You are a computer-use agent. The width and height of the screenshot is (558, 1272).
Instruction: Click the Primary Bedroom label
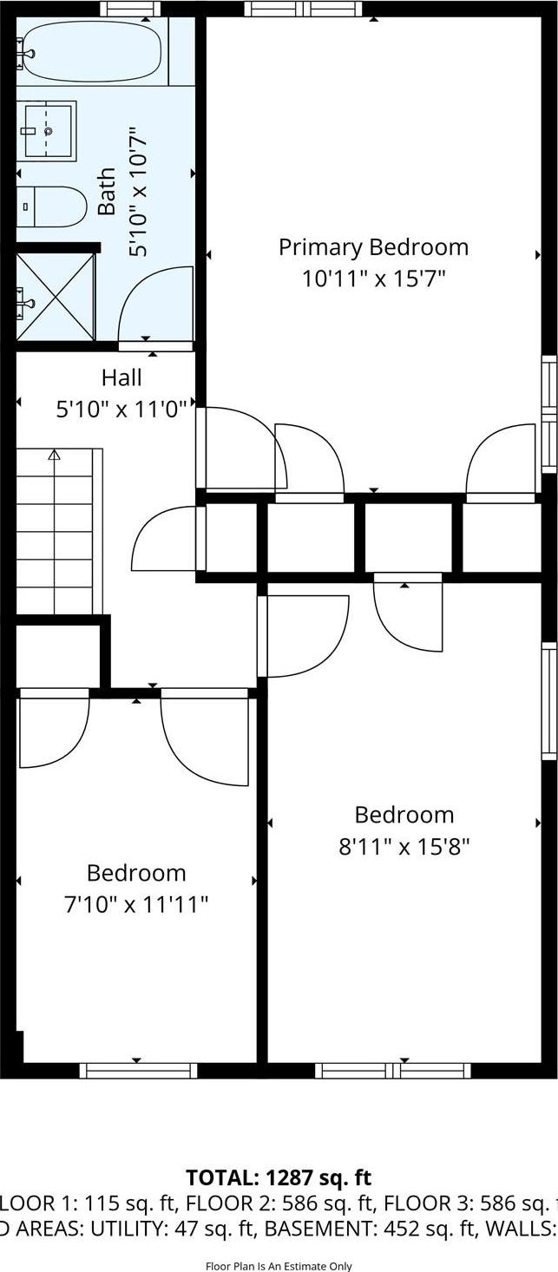[373, 247]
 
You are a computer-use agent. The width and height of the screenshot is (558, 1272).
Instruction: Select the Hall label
[121, 377]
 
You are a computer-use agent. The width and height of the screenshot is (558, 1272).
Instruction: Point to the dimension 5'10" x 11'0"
[121, 409]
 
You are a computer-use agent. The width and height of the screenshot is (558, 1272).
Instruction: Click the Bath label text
[107, 192]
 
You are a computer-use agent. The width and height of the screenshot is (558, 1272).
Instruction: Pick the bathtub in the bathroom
[91, 51]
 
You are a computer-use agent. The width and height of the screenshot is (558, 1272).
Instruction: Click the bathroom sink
[49, 131]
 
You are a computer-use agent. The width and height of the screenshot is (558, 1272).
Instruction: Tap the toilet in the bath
[53, 207]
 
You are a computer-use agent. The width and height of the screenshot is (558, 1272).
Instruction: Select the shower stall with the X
[55, 297]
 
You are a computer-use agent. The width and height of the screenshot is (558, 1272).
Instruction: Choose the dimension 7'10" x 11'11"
[136, 905]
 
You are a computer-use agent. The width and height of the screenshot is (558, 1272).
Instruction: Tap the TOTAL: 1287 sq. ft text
[279, 1177]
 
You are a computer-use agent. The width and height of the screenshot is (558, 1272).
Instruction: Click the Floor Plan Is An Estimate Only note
[279, 1266]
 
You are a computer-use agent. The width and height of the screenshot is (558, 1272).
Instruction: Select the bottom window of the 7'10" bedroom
[138, 1070]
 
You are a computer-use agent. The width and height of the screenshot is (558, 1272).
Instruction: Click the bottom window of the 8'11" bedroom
[393, 1070]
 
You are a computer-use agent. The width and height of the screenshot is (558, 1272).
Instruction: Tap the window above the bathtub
[130, 10]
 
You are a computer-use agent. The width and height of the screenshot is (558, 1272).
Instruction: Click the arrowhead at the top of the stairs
[54, 454]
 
